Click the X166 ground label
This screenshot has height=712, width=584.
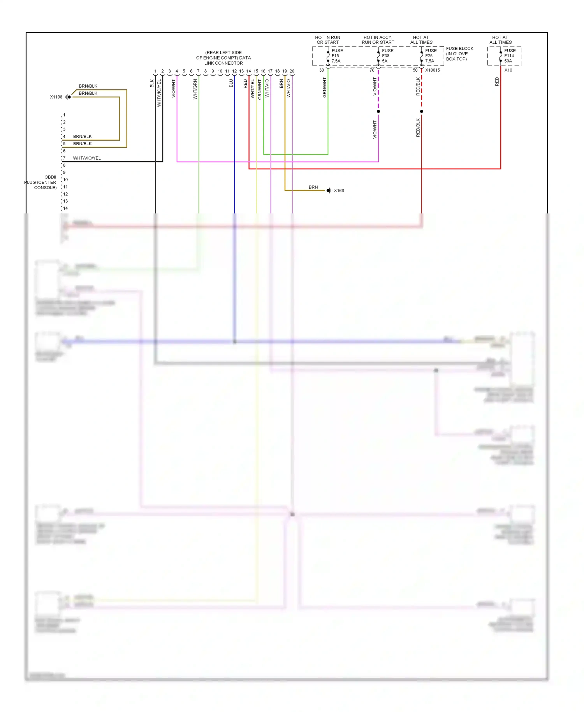[339, 190]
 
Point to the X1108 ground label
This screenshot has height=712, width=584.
[56, 97]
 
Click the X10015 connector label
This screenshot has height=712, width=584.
[433, 70]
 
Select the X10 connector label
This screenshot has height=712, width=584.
[508, 70]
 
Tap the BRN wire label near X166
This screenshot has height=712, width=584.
[313, 187]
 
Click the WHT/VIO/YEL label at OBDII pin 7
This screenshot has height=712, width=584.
[87, 158]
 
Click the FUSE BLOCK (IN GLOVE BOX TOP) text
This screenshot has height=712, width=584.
[459, 54]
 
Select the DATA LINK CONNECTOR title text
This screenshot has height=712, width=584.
[223, 58]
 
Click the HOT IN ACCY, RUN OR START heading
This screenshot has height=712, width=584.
[378, 40]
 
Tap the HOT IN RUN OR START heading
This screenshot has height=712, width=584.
[328, 40]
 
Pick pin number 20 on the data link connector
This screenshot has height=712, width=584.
[292, 71]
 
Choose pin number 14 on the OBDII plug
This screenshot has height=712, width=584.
[65, 208]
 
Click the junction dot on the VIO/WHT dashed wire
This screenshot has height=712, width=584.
[378, 111]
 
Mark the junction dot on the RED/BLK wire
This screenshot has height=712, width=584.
[422, 111]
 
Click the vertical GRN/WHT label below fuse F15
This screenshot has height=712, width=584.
[324, 87]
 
